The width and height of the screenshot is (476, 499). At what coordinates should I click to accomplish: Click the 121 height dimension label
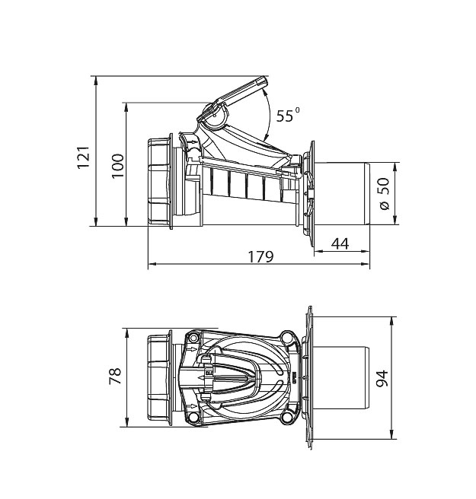[84, 157]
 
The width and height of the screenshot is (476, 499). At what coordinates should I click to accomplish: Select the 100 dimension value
[117, 166]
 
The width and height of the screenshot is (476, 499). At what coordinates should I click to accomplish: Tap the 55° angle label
[287, 115]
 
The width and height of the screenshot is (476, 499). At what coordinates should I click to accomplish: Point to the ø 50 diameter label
[385, 194]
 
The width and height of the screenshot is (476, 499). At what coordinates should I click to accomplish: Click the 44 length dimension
[340, 244]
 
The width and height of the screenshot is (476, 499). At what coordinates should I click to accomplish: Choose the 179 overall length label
[260, 257]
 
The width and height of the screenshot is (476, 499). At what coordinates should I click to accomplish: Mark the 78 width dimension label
[115, 376]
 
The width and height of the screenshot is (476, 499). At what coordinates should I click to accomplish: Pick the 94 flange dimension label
[382, 378]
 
